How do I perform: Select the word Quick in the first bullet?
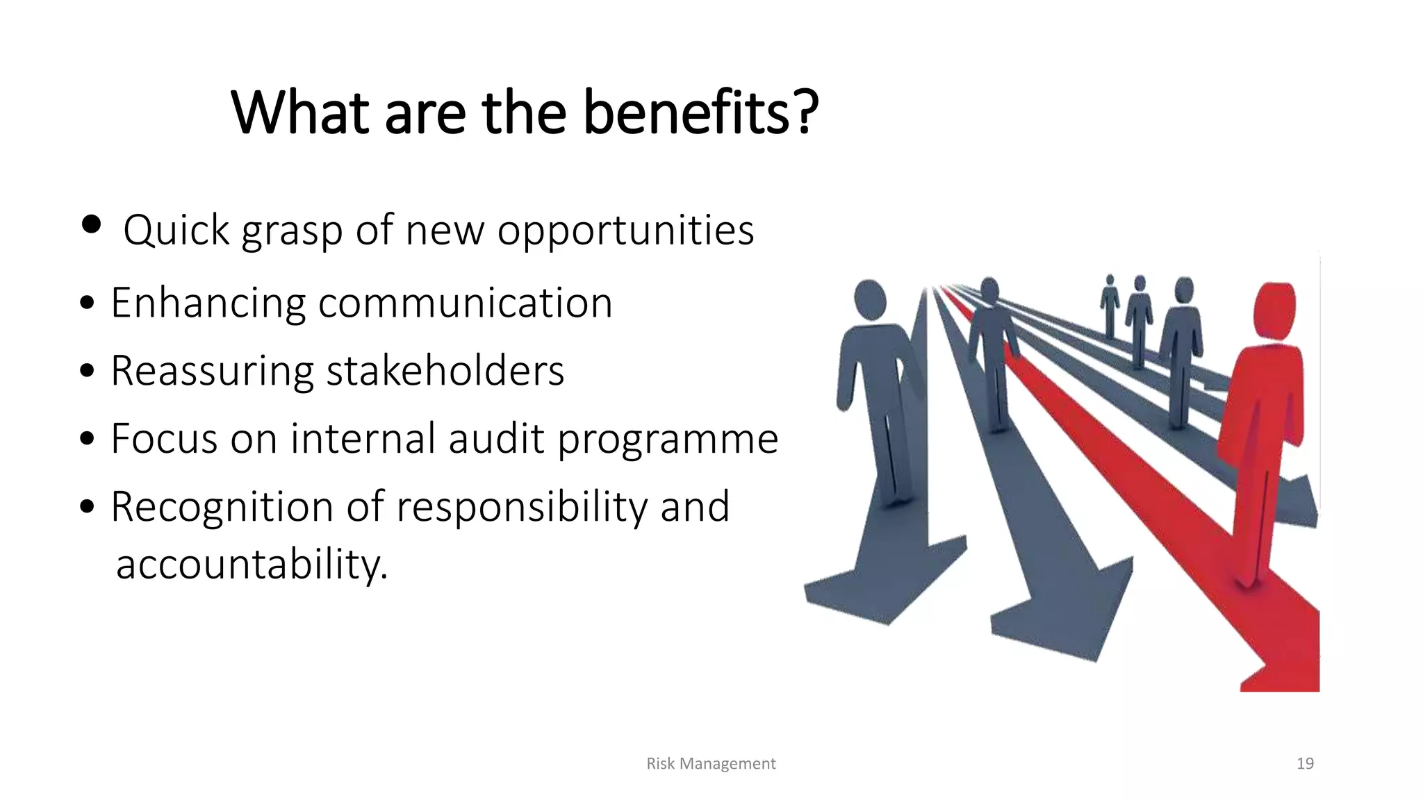point(176,231)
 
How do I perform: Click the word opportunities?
point(625,231)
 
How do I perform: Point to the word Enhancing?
point(208,303)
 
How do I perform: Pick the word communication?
point(465,303)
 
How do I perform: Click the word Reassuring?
point(212,371)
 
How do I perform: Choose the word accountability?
point(252,564)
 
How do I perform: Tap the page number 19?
point(1305,764)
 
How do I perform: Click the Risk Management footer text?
point(711,764)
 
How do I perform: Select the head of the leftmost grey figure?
point(869,299)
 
